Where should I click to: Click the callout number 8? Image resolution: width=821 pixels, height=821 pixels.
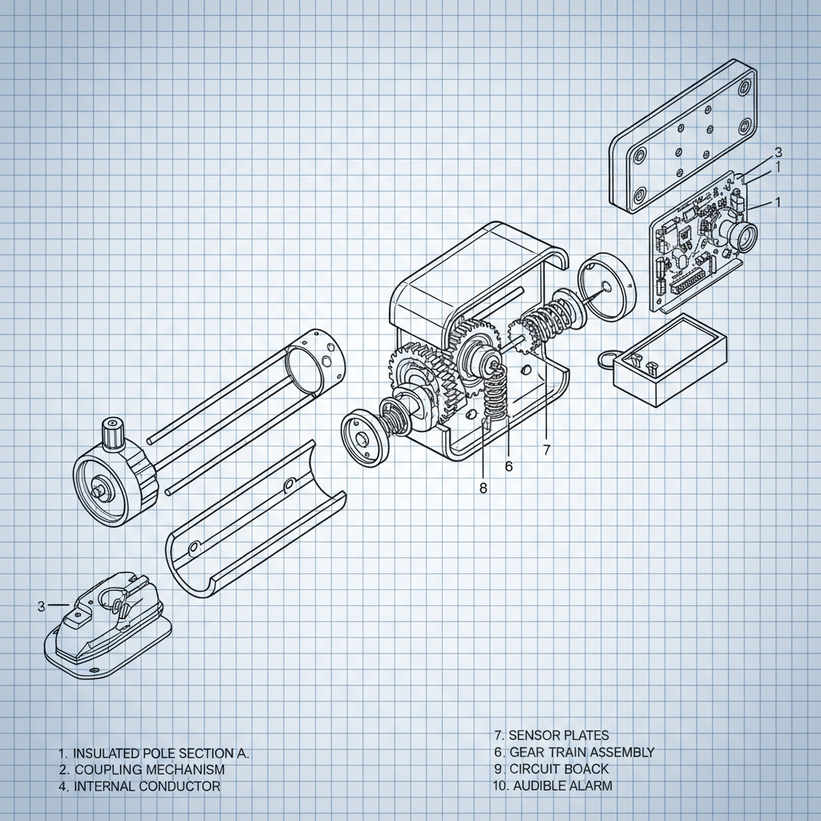click(483, 487)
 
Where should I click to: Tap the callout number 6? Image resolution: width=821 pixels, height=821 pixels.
click(508, 466)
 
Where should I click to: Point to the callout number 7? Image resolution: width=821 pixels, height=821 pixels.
click(547, 450)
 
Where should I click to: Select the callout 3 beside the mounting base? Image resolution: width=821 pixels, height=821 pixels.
click(41, 606)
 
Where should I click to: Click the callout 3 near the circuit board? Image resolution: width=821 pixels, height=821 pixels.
click(778, 152)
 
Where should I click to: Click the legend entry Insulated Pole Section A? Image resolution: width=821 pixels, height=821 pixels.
click(154, 754)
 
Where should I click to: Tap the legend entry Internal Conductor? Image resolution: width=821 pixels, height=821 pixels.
click(138, 787)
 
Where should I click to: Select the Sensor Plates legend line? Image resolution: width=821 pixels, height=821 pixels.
click(551, 735)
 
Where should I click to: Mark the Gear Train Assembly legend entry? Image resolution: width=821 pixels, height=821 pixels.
click(573, 752)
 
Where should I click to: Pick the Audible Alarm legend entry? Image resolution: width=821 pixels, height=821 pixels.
click(552, 786)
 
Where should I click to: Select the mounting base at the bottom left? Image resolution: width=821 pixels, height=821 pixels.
click(107, 625)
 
